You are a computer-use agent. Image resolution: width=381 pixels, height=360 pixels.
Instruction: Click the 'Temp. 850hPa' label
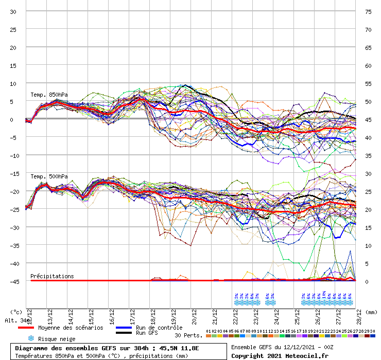49,95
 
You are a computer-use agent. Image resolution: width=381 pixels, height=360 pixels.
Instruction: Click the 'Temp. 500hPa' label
49,177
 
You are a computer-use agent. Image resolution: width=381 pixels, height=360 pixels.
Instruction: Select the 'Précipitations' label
52,276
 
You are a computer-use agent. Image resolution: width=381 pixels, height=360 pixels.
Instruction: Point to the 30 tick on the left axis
13,11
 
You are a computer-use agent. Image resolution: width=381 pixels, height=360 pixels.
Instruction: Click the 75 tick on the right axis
368,11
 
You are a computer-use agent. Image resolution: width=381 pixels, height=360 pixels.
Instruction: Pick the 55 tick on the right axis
368,83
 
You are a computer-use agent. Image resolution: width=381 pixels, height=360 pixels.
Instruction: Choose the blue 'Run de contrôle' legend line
124,328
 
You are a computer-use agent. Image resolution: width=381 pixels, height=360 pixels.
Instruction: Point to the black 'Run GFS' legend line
124,333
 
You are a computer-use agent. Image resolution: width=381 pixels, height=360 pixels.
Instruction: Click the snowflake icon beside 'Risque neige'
31,338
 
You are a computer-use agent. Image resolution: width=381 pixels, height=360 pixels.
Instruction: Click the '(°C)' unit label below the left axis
16,312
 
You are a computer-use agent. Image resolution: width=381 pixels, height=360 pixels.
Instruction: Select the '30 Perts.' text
188,335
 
